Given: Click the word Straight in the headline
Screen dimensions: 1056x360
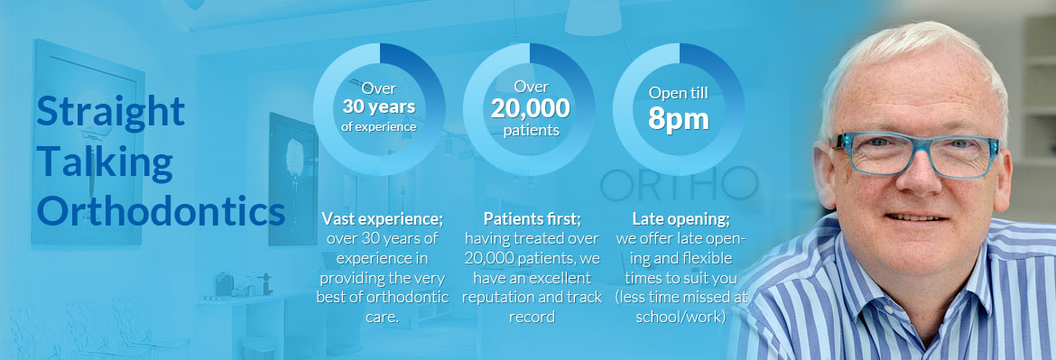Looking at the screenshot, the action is tap(110, 112).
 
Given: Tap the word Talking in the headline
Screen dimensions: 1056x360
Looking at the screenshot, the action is tap(105, 162).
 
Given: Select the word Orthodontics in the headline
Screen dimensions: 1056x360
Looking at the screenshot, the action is tap(161, 210).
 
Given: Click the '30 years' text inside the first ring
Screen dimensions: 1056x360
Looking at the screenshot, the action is tap(378, 106).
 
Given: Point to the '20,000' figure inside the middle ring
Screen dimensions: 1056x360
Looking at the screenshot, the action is tap(530, 107).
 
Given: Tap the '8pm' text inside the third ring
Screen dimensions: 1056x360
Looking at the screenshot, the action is tap(678, 118).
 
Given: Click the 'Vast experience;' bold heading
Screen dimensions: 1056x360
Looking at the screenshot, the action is tap(382, 218).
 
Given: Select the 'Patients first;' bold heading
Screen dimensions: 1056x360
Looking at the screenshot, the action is tap(532, 218).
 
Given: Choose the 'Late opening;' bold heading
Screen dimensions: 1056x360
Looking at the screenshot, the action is tap(681, 219).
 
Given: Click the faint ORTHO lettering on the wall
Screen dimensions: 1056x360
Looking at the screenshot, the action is tap(679, 184).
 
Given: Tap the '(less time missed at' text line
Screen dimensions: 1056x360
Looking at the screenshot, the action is tap(681, 298).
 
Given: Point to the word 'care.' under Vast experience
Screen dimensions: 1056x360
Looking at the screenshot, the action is tap(382, 317).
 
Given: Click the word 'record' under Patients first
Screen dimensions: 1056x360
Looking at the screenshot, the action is tap(532, 317).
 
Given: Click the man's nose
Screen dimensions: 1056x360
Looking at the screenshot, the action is tap(920, 175).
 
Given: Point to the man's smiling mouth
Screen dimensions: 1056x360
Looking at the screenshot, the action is tap(916, 217).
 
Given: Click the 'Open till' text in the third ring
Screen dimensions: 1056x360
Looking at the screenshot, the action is tap(678, 93).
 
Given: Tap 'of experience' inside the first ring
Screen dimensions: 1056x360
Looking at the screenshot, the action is tap(378, 125).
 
